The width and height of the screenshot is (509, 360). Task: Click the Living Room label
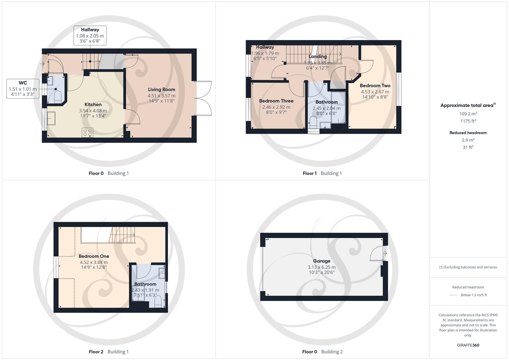pyautogui.click(x=161, y=89)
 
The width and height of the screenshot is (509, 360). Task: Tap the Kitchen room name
pyautogui.click(x=93, y=105)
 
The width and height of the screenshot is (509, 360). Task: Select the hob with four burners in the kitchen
pyautogui.click(x=88, y=133)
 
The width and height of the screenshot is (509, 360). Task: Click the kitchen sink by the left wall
pyautogui.click(x=52, y=118)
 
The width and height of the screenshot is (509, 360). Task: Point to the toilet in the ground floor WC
pyautogui.click(x=57, y=96)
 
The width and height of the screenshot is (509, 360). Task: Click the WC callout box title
pyautogui.click(x=23, y=83)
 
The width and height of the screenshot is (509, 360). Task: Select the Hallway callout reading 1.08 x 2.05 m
pyautogui.click(x=90, y=36)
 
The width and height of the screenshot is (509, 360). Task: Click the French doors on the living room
pyautogui.click(x=203, y=98)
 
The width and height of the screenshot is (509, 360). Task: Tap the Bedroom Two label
pyautogui.click(x=375, y=86)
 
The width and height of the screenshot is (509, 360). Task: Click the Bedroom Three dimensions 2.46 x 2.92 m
pyautogui.click(x=276, y=107)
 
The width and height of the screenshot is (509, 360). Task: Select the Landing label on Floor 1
pyautogui.click(x=317, y=57)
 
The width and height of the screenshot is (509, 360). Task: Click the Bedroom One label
pyautogui.click(x=94, y=256)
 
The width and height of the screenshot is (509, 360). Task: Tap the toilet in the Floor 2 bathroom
pyautogui.click(x=158, y=301)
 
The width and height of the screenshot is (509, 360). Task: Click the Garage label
pyautogui.click(x=322, y=261)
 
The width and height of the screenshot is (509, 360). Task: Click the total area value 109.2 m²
pyautogui.click(x=468, y=114)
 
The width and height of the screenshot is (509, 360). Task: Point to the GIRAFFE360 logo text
pyautogui.click(x=468, y=345)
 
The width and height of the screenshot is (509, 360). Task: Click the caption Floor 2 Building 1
pyautogui.click(x=109, y=352)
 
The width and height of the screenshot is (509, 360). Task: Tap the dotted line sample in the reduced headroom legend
pyautogui.click(x=454, y=295)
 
